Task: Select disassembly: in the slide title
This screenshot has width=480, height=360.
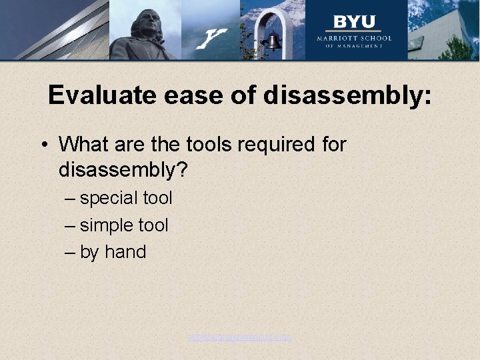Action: pos(347,96)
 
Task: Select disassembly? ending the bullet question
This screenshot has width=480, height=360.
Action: pos(124,171)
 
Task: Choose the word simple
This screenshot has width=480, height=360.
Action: pos(107,225)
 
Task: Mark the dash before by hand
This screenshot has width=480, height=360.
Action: pos(70,253)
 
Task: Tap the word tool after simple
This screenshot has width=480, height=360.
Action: pos(153,225)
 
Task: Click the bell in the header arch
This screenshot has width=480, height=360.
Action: pos(272,43)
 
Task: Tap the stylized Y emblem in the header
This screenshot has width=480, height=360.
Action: pos(213,38)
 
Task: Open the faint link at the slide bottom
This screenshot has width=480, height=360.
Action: pos(240,337)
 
